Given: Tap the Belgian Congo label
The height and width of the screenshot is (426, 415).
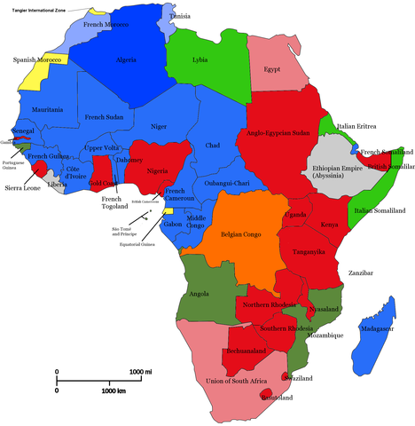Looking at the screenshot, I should pyautogui.click(x=235, y=236).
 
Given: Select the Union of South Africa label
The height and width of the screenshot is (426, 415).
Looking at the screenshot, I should pyautogui.click(x=237, y=382).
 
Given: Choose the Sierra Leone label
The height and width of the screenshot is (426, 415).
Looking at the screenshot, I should pyautogui.click(x=21, y=189).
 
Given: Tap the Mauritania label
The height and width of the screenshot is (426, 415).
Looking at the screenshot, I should pyautogui.click(x=47, y=110).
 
